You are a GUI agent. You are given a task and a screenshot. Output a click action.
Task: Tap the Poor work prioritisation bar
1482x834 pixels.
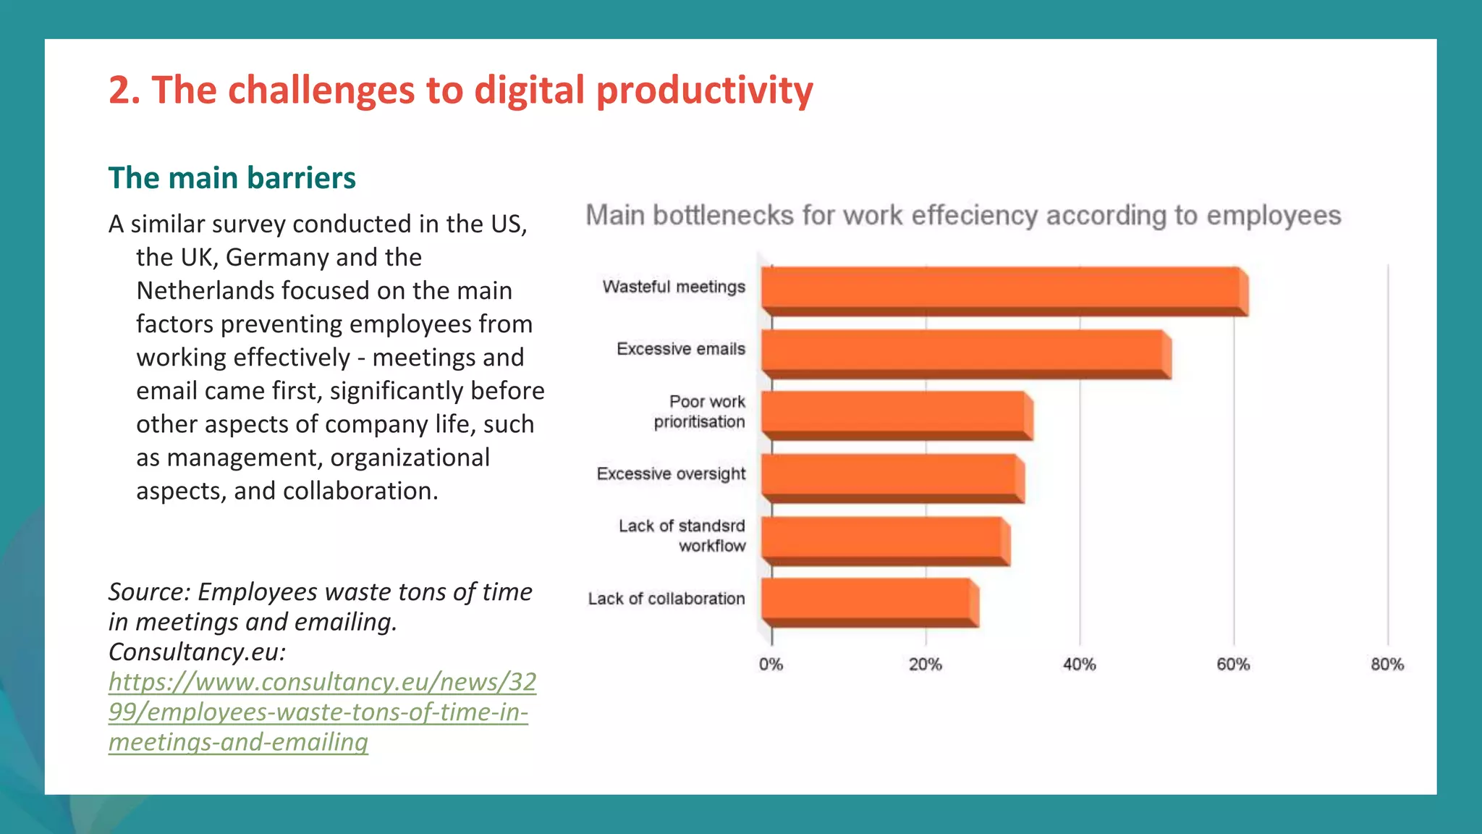click(896, 415)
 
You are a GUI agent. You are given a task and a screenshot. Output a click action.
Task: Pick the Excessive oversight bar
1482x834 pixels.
click(892, 477)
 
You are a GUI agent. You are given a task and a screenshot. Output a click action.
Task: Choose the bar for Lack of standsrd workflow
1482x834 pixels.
click(884, 539)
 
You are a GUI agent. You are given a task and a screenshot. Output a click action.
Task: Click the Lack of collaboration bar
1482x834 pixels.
click(868, 602)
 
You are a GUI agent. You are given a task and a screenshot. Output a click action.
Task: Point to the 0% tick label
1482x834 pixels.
click(771, 665)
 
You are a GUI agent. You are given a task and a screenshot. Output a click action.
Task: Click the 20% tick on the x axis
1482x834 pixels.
click(925, 665)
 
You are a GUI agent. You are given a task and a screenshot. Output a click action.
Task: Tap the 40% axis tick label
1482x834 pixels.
click(1079, 665)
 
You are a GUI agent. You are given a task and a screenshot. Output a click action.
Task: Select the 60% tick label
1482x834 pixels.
click(1233, 665)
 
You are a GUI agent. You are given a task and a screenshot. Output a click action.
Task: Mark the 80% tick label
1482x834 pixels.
click(1386, 665)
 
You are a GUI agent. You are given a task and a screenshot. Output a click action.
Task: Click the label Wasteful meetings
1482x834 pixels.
click(674, 287)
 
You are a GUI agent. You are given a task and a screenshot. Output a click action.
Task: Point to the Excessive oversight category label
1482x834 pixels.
click(671, 473)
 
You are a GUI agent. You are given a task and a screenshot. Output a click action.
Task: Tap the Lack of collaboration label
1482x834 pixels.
click(666, 599)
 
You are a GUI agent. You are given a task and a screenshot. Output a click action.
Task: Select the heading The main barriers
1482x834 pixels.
click(232, 178)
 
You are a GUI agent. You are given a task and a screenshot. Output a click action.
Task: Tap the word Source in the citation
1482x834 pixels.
click(148, 592)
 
